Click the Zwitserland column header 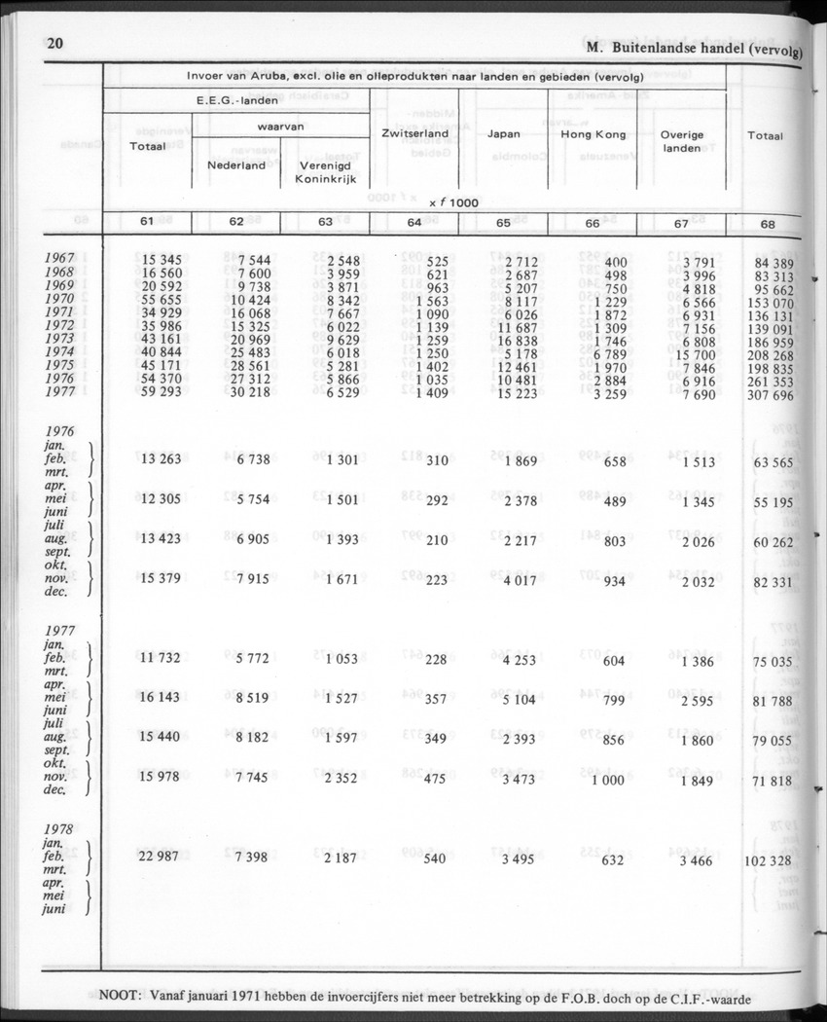[414, 133]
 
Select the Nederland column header [236, 165]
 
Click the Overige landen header [682, 141]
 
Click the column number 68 [768, 223]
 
